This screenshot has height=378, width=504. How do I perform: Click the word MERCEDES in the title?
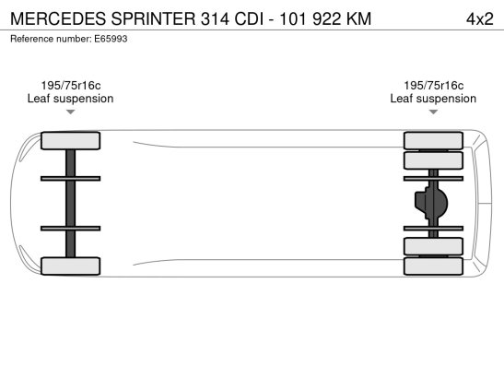pos(58,18)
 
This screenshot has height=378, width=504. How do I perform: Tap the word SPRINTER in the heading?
pos(153,18)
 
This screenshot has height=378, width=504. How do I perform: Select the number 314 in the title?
pos(215,18)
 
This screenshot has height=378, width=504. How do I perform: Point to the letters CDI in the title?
pos(249,18)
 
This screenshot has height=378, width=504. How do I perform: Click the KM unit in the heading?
pos(358,18)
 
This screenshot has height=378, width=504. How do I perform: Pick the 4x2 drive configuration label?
pos(479,19)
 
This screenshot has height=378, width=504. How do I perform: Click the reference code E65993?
pos(111,39)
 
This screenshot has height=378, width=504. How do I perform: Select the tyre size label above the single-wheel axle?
pos(71,86)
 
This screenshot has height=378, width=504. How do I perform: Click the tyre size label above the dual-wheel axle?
pos(434,86)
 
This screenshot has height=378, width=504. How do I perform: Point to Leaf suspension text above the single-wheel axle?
pos(70,99)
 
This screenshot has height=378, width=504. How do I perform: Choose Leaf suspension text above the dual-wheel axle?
pos(433,99)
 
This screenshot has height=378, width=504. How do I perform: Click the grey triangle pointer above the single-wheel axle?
pos(70,112)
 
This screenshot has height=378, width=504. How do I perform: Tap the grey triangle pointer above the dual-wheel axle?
pos(433,112)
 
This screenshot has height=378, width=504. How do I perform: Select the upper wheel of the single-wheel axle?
pos(70,140)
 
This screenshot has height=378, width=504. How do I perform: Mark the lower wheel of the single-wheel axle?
pos(70,266)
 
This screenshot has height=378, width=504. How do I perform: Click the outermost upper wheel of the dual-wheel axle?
pos(433,140)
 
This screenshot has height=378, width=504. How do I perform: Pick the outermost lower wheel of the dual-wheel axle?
pos(433,266)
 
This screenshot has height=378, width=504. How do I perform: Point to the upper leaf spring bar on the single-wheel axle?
pos(70,179)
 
